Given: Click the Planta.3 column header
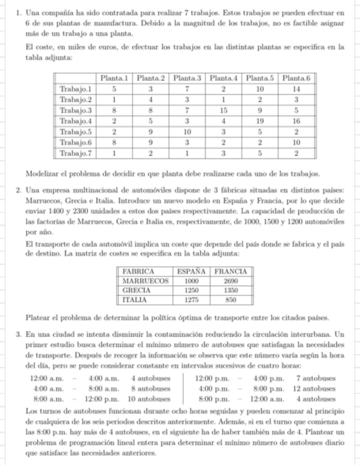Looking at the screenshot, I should [188, 78].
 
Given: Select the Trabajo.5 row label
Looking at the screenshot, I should [76, 132].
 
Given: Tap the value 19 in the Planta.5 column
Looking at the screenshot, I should [261, 121].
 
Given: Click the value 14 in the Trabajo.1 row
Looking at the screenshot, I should [297, 89].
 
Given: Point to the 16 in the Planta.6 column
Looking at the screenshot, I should [297, 121].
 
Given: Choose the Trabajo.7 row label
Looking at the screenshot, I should [76, 153].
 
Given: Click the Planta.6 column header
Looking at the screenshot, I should [297, 78].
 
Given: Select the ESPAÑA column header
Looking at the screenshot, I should [191, 271].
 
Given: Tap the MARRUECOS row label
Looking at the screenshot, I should [145, 281].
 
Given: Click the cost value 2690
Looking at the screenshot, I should [230, 281].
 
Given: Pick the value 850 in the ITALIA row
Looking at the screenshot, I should [230, 300].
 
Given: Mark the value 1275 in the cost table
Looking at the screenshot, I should [191, 300].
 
